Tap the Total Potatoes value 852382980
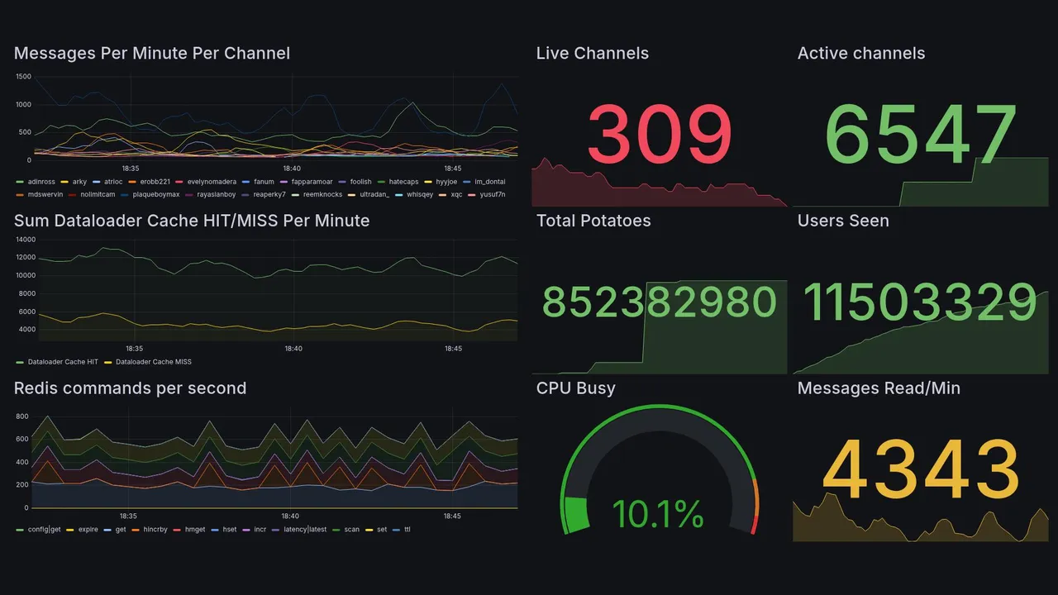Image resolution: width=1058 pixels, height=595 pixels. pos(660,302)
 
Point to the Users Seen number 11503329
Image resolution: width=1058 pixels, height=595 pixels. pos(920,302)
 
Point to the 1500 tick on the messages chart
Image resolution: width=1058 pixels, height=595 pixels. pos(23,77)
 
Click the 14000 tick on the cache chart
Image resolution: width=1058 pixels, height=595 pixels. pos(25,240)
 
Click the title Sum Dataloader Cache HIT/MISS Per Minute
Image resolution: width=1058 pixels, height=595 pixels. pos(192,221)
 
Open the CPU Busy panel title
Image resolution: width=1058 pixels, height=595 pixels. pos(575,388)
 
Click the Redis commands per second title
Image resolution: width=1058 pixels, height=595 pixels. pos(130,388)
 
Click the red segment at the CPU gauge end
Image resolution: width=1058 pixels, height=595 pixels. pos(753,525)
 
